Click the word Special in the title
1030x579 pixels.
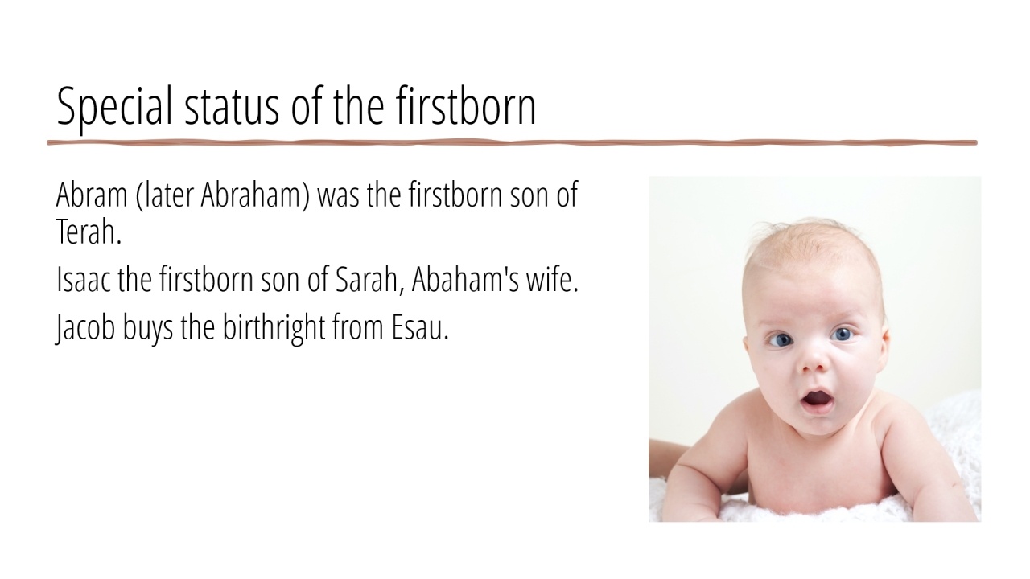(x=114, y=107)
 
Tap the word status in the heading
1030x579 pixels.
(x=232, y=107)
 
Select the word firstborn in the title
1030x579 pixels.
(x=466, y=105)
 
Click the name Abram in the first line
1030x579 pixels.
(x=92, y=195)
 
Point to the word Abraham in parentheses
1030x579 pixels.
(x=255, y=195)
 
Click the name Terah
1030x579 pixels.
(x=89, y=232)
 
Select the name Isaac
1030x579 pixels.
(x=83, y=279)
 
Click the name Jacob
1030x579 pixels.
(x=85, y=327)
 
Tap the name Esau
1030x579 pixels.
(x=420, y=327)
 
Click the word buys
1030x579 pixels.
(x=148, y=328)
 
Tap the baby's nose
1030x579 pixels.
(x=814, y=362)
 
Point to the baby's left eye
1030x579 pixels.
(x=843, y=334)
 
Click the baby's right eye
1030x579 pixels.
(x=781, y=340)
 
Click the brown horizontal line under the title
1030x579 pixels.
(x=513, y=143)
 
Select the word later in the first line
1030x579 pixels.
(x=167, y=195)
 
